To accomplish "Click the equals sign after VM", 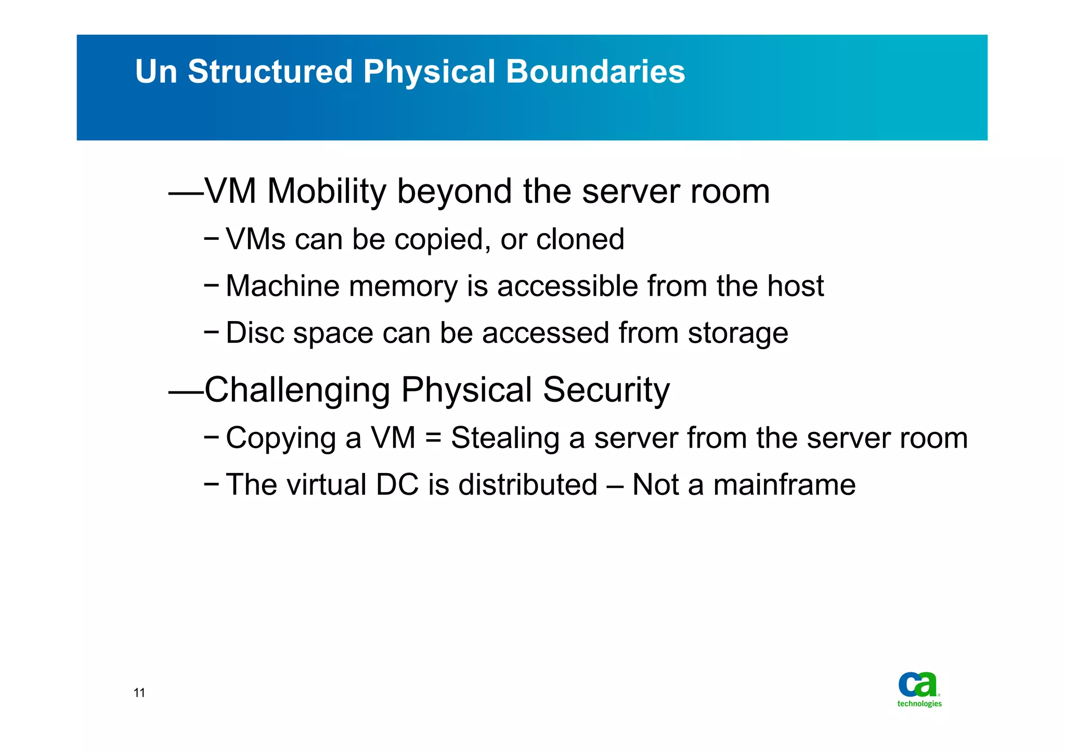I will (433, 438).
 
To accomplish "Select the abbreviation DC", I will (397, 484).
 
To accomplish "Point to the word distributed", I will (527, 484).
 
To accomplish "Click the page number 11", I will (139, 693).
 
